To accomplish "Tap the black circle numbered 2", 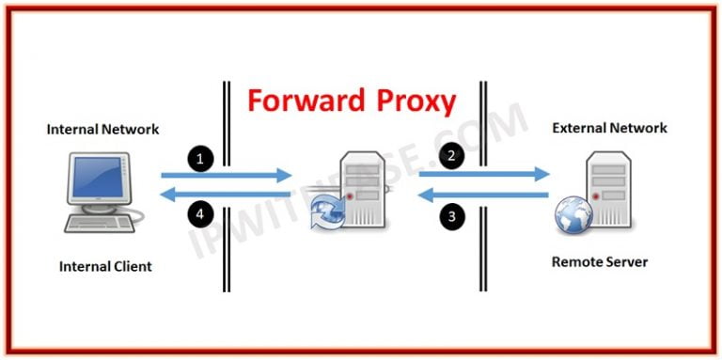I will (452, 155).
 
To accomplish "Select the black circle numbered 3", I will (452, 218).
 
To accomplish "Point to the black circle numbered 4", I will (198, 214).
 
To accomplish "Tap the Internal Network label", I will (103, 129).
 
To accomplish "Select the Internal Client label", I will (105, 266).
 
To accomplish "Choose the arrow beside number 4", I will (227, 195).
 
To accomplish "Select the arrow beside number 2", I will (484, 173).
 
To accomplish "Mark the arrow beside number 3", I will (484, 196).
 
